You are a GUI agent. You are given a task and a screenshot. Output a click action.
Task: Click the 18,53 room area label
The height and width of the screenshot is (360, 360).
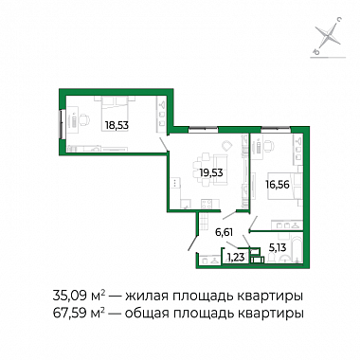117,125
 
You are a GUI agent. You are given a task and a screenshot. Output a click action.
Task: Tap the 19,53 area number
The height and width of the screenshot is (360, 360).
211,172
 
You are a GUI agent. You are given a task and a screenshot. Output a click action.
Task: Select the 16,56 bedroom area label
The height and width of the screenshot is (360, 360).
278,185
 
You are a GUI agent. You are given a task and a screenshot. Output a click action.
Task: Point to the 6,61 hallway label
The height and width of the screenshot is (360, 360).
224,233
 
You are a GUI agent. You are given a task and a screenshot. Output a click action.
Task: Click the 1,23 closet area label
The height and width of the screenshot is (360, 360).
236,258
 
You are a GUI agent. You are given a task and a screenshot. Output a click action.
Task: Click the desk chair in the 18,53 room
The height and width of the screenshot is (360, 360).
84,119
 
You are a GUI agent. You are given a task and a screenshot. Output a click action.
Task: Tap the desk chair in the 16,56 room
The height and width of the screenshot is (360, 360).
268,146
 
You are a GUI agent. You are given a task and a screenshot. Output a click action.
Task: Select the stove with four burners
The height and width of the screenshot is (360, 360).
207,204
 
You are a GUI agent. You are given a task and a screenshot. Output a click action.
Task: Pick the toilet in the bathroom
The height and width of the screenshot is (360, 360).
282,258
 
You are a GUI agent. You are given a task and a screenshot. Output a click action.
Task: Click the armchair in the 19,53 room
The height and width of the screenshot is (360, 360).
227,146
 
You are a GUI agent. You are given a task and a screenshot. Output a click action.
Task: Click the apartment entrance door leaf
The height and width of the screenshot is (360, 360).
193,243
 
